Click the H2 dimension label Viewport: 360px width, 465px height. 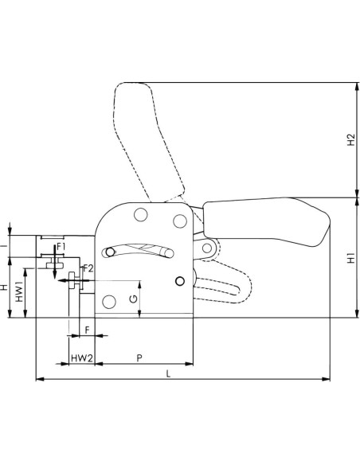click(x=351, y=139)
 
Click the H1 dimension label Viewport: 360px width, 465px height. click(x=351, y=258)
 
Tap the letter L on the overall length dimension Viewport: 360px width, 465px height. click(x=168, y=373)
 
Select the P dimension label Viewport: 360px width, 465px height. click(x=139, y=358)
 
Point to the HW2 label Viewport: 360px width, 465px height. click(x=82, y=358)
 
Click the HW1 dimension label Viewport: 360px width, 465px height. click(x=19, y=291)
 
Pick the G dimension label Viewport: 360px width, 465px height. click(x=134, y=299)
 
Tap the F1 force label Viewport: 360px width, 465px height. click(x=61, y=247)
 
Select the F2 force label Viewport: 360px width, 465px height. click(x=88, y=268)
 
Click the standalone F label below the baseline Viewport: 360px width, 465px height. click(x=87, y=330)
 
